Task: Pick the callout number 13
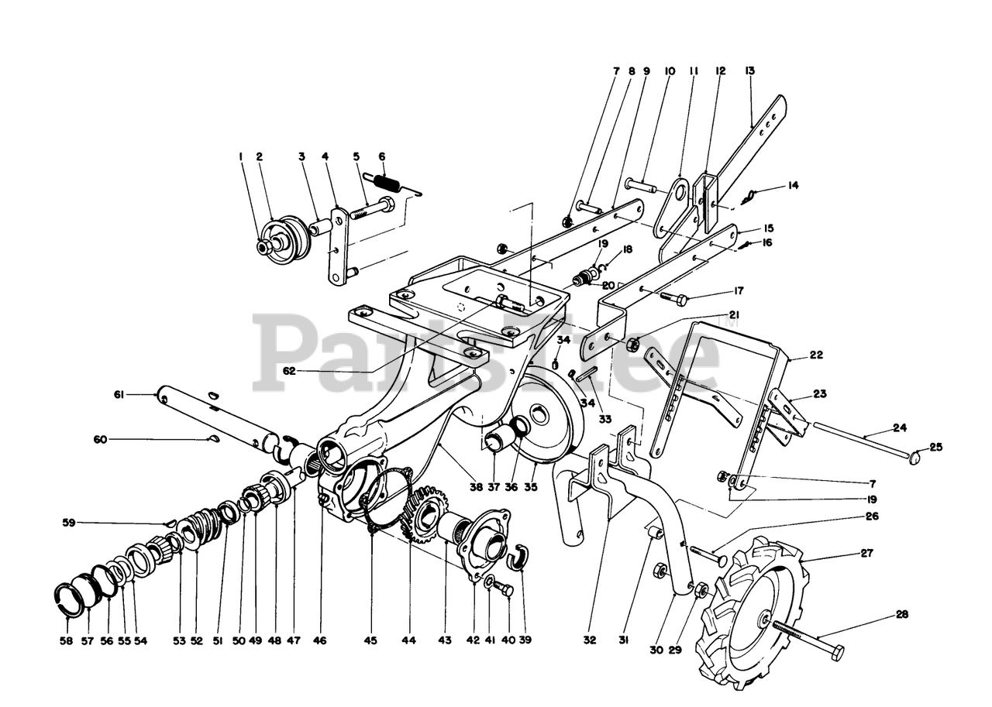tap(749, 70)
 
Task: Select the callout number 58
tap(66, 640)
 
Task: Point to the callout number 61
tap(119, 395)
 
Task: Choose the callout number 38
tap(476, 487)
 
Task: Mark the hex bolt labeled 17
tap(672, 299)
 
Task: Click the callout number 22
tap(815, 355)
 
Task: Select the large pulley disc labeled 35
tap(550, 422)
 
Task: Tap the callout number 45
tap(370, 640)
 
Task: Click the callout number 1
tap(240, 156)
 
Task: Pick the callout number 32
tap(591, 640)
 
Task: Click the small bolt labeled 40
tap(507, 590)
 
